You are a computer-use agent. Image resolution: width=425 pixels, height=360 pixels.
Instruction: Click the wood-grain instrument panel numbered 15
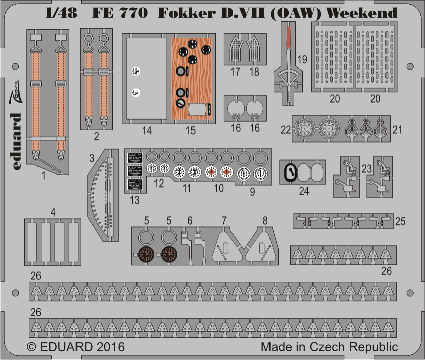pos(191,79)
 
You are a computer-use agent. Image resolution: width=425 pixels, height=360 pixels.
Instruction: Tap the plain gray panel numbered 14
pos(146,79)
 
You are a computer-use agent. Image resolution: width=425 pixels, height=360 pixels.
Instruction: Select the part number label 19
pos(302,60)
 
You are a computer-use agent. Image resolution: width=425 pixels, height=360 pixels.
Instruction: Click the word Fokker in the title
pos(187,13)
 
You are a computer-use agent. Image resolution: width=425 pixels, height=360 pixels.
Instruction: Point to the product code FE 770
pos(120,13)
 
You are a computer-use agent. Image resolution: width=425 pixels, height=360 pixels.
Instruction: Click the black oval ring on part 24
pos(290,172)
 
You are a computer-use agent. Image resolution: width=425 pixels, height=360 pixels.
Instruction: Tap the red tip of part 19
pos(288,38)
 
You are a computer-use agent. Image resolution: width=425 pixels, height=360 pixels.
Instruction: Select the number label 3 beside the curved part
pos(92,158)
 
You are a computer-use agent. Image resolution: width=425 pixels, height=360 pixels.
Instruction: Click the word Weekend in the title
pos(362,13)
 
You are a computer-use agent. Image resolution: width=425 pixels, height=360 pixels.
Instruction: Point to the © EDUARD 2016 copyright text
pos(75,347)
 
